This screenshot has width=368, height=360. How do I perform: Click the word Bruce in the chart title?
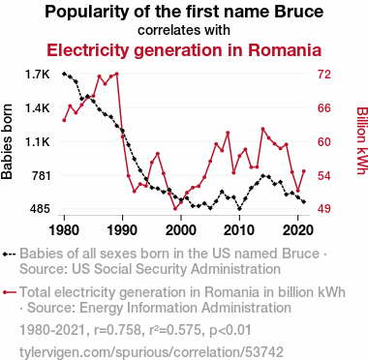click(299, 12)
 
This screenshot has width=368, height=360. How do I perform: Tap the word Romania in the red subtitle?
click(285, 50)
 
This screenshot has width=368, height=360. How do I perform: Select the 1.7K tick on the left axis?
click(38, 75)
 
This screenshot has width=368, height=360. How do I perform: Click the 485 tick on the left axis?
click(40, 209)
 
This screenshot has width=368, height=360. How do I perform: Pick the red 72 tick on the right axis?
click(324, 75)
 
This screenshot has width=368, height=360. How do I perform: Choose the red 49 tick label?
click(324, 209)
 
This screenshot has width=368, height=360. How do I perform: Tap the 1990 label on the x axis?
click(123, 230)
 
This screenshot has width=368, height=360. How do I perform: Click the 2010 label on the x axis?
click(239, 230)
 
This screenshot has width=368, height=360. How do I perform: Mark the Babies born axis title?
click(7, 141)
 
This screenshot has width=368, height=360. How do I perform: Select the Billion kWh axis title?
click(362, 140)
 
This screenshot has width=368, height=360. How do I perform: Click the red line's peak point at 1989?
click(117, 74)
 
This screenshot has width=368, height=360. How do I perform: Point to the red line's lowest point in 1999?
click(175, 209)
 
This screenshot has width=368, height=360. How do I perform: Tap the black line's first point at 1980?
click(64, 74)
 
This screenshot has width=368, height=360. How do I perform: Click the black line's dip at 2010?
click(239, 209)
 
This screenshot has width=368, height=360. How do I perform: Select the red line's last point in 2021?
click(304, 171)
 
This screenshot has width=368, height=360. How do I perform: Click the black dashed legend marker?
click(10, 255)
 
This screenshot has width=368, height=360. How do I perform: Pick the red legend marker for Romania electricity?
click(10, 292)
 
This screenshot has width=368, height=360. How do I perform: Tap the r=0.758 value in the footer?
click(117, 330)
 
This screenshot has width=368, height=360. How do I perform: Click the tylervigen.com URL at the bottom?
click(151, 352)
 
